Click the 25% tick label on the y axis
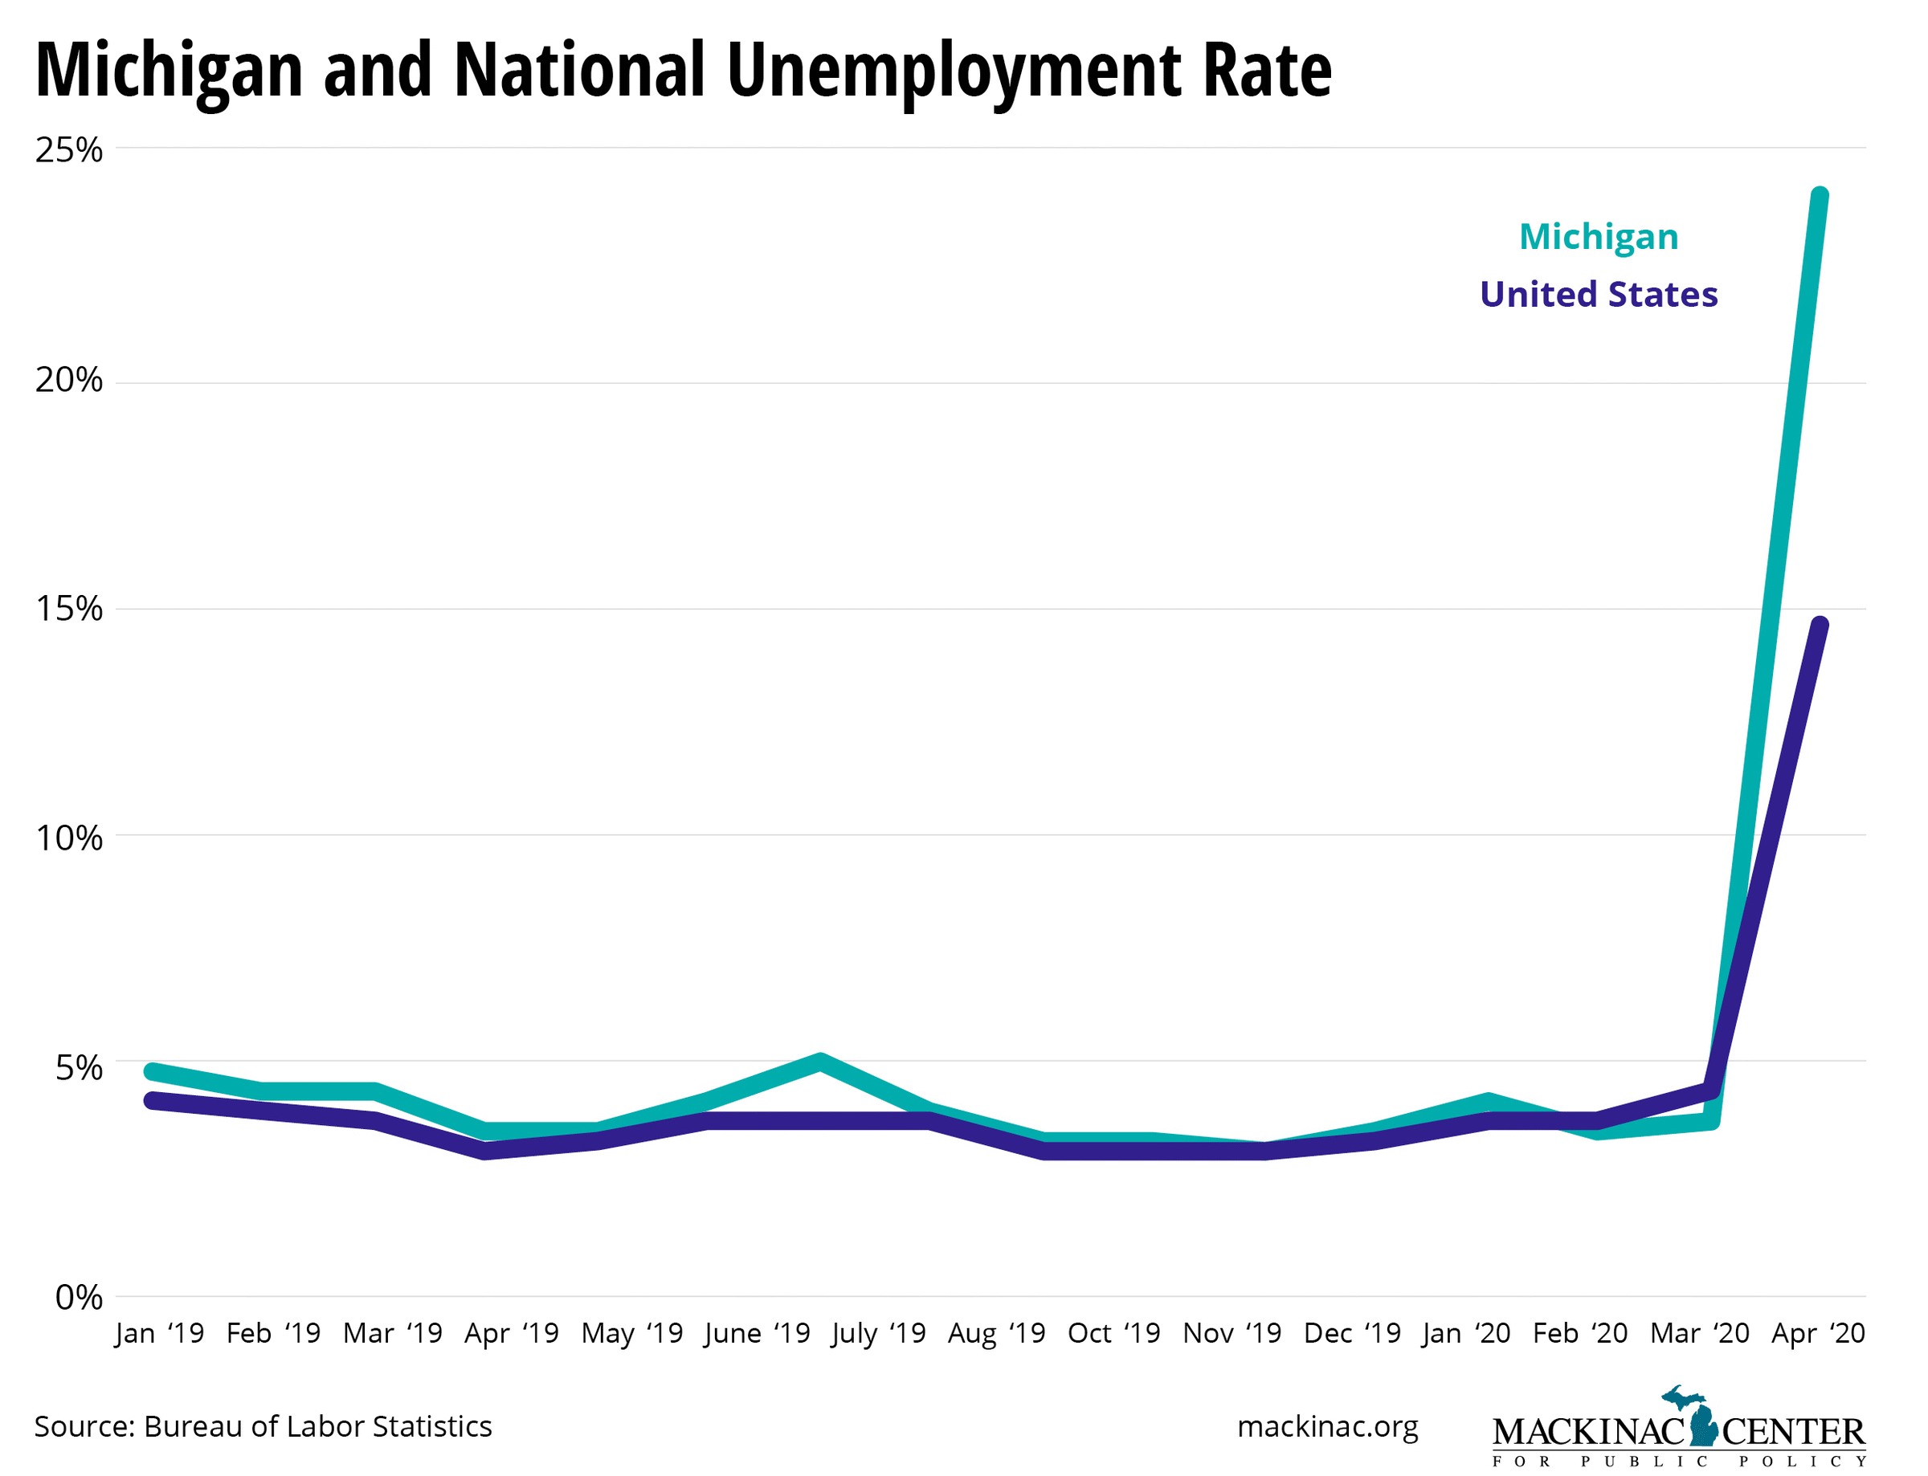pos(68,150)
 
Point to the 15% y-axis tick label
pos(68,608)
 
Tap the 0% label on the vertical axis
pos(78,1298)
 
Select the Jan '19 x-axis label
pos(159,1334)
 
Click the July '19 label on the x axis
pos(878,1334)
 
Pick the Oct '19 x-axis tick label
pos(1113,1334)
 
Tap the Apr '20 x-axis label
pos(1817,1334)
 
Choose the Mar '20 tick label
pos(1700,1334)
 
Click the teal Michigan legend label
pos(1599,236)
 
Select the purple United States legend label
pos(1599,295)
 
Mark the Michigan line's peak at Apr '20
pos(1819,196)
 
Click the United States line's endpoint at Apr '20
pos(1819,626)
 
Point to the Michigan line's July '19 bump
pos(820,1062)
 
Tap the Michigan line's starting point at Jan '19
pos(153,1072)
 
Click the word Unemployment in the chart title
pos(954,71)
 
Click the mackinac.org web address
pos(1327,1427)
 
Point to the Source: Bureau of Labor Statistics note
pos(263,1427)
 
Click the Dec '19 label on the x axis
pos(1351,1334)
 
